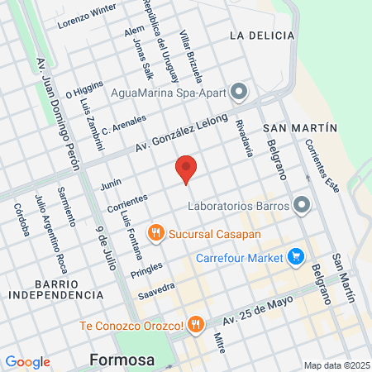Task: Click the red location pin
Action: click(x=187, y=169)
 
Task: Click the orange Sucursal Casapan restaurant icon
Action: click(x=155, y=233)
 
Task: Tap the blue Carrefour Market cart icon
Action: click(x=296, y=257)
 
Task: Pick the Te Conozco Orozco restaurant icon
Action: click(x=195, y=324)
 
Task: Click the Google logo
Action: click(x=27, y=362)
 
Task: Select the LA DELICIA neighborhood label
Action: click(x=262, y=36)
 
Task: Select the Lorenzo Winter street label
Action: click(x=86, y=17)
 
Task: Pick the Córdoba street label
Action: click(x=21, y=219)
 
